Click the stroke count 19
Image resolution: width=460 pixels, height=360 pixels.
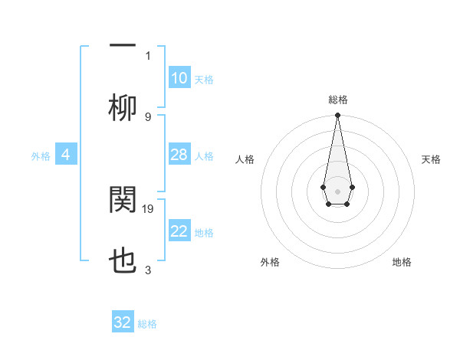click(149, 208)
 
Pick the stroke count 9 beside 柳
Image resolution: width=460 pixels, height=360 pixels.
click(148, 116)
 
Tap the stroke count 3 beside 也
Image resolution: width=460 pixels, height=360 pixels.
click(148, 270)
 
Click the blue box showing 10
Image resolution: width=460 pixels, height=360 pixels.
click(179, 78)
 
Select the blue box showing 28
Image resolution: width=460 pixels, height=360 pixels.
click(179, 155)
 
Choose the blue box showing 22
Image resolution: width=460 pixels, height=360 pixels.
click(179, 232)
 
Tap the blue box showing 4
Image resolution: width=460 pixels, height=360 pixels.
click(66, 155)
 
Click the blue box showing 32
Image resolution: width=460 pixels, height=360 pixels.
click(123, 322)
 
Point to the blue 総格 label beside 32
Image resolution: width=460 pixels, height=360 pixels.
click(147, 324)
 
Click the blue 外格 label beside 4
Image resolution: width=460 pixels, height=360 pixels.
click(41, 156)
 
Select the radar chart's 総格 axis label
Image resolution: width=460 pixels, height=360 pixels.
click(337, 100)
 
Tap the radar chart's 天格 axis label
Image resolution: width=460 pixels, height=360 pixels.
click(431, 159)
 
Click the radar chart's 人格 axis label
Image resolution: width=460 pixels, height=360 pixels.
click(245, 159)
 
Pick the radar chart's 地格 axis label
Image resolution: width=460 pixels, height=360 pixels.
click(402, 262)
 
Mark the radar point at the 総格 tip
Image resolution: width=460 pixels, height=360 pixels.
click(337, 115)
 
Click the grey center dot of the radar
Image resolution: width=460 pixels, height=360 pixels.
click(337, 191)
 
